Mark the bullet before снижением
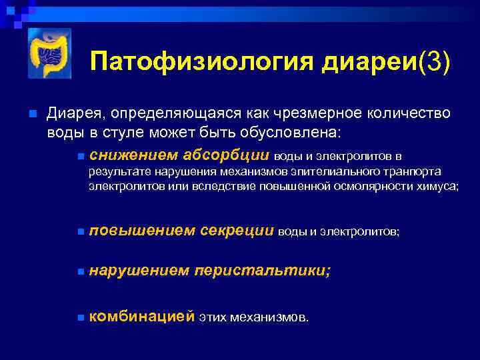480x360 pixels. coord(80,157)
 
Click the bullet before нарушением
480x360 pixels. coord(80,273)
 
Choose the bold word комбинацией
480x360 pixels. coord(141,316)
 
